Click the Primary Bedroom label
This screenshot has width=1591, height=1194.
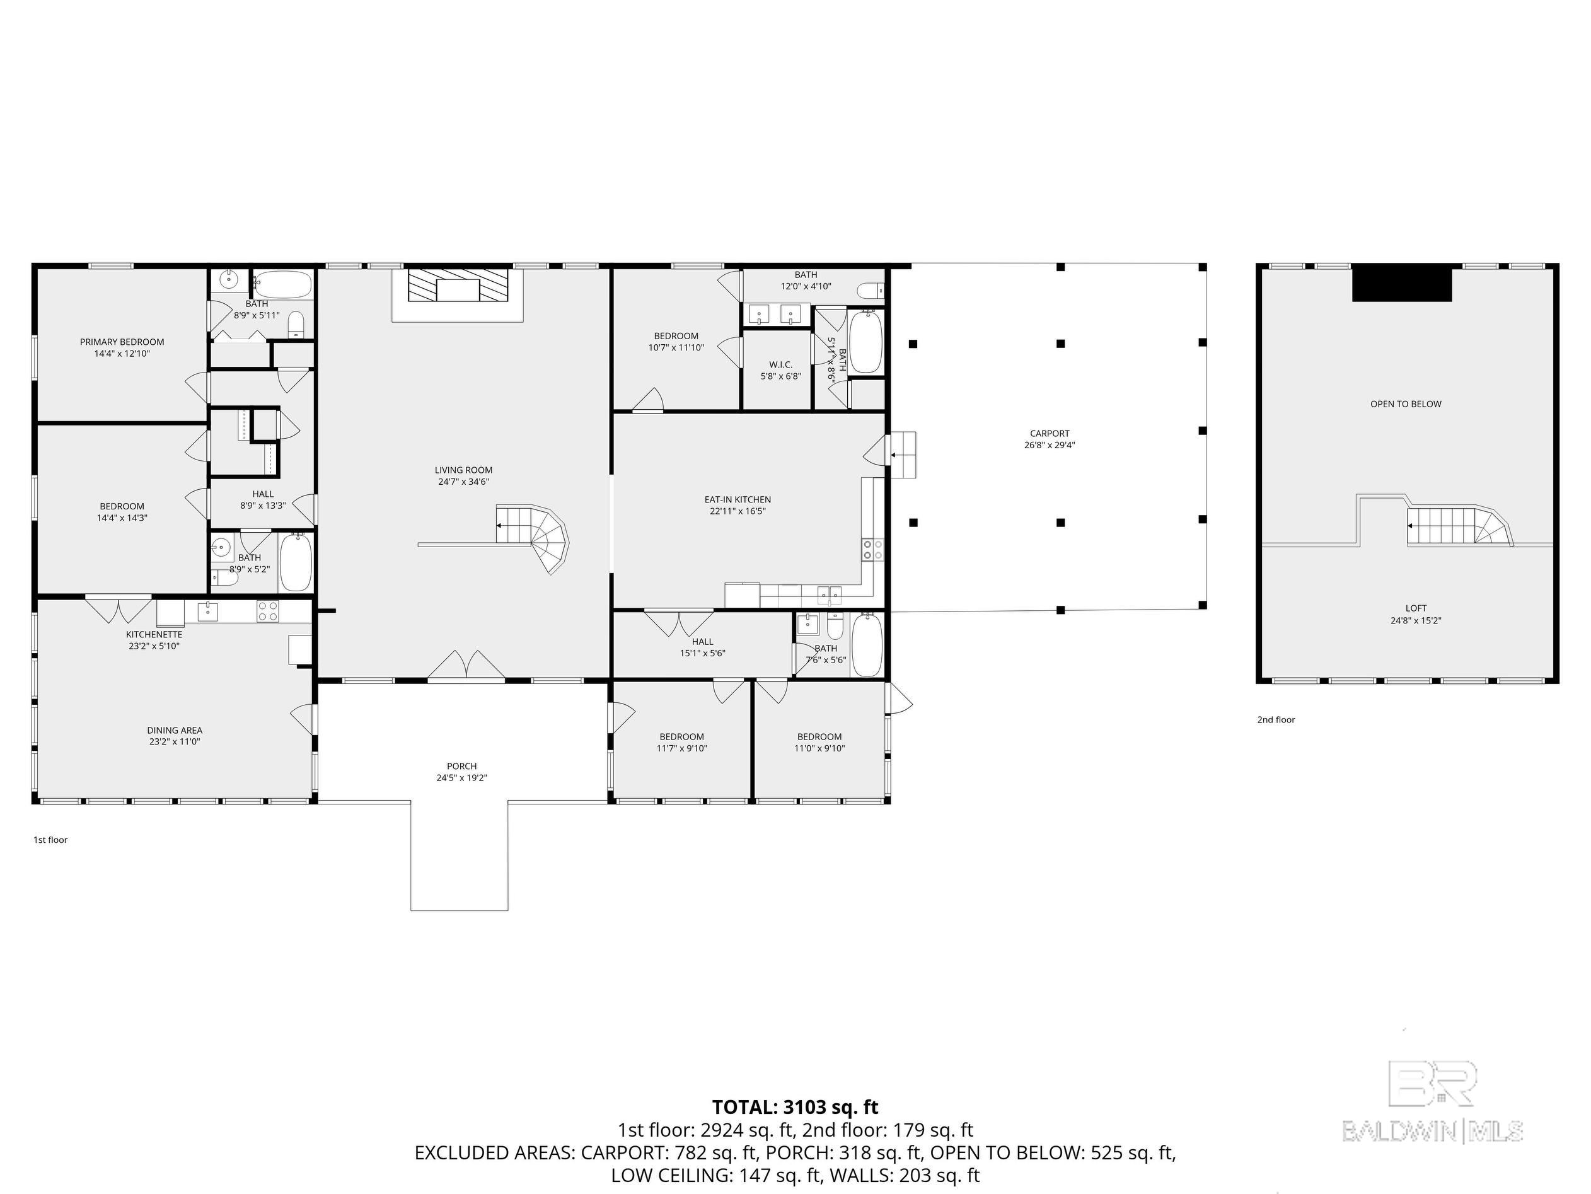tap(122, 342)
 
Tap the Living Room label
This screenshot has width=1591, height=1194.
tap(463, 470)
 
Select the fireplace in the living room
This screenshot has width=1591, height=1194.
tap(458, 286)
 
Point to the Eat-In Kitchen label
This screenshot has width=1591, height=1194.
tap(738, 499)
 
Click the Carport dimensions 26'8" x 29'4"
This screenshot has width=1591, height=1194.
tap(1050, 445)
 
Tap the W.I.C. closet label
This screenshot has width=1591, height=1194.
tap(780, 364)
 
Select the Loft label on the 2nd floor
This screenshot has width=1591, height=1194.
tap(1416, 608)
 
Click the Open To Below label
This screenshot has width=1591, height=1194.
tap(1406, 404)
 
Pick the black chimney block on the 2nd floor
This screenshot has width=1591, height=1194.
tap(1402, 284)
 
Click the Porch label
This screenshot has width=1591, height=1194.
tap(462, 766)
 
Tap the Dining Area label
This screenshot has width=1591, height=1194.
tap(175, 730)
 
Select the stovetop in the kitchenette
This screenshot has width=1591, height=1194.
tap(267, 611)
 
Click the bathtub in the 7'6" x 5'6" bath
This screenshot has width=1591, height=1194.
tap(867, 644)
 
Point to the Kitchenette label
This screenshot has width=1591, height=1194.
tap(154, 634)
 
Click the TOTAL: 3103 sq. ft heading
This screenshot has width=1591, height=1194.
tap(795, 1107)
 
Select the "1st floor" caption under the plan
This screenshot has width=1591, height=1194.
tap(50, 840)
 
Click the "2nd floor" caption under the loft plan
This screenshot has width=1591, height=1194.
tap(1276, 719)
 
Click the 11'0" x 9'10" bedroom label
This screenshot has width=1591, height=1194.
tap(819, 748)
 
